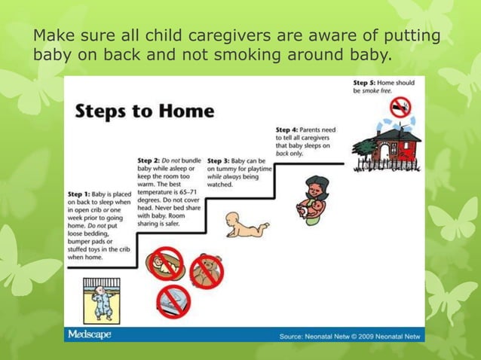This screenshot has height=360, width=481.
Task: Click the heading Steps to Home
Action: point(144,111)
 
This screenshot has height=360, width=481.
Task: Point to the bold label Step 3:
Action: point(219,160)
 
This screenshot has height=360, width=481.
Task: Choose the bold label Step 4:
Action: point(289,130)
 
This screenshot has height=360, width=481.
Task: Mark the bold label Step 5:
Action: point(366,81)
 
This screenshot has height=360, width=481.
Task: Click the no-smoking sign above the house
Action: point(400,108)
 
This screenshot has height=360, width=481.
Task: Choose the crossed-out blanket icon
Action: point(173,301)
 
